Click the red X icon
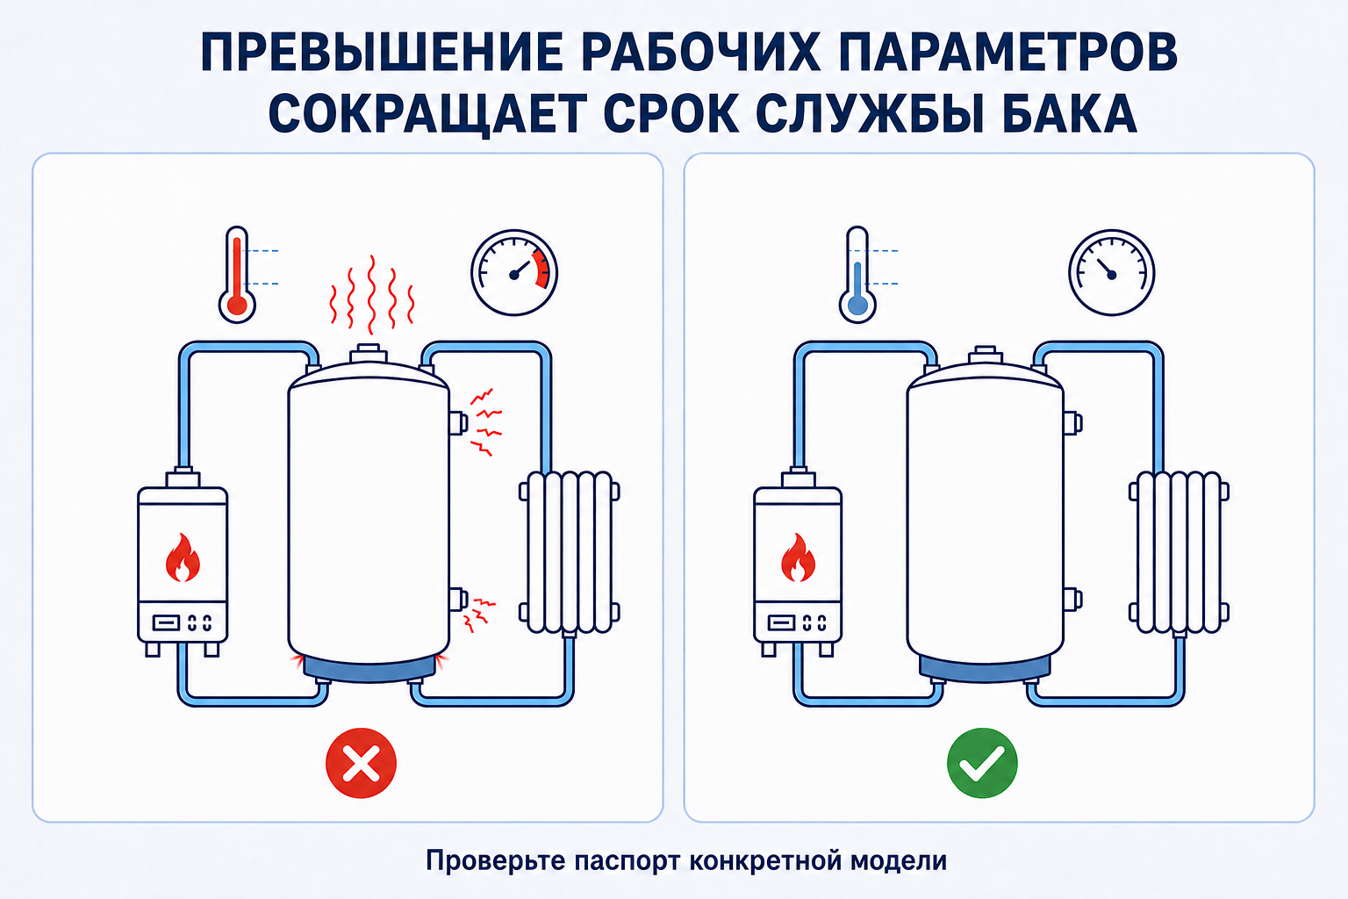(x=361, y=763)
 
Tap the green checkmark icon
(x=982, y=763)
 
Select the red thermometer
(x=237, y=275)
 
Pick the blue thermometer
(x=857, y=275)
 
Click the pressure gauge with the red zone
(x=514, y=273)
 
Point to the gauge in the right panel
(x=1112, y=273)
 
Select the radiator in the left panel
(x=570, y=552)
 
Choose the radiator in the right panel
(x=1179, y=552)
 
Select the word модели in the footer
(x=899, y=861)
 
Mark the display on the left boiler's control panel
(x=166, y=622)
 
